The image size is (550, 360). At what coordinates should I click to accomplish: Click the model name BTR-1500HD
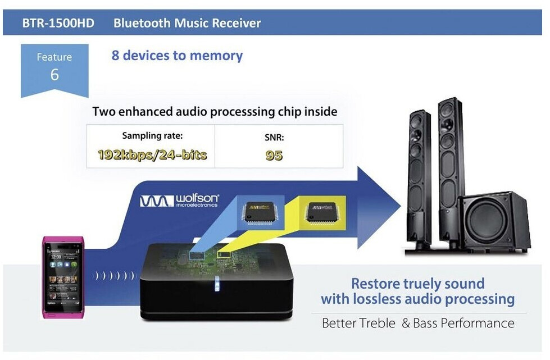coord(58,24)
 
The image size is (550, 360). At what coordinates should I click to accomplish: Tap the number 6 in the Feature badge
coord(54,75)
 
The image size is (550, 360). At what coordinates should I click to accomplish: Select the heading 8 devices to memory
coord(177,56)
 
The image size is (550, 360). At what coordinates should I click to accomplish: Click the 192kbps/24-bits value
coord(152,155)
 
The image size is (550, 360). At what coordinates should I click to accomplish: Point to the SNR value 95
coord(274,156)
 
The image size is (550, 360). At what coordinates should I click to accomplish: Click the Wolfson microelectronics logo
coord(179,200)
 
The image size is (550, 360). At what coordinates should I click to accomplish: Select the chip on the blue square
coord(260,212)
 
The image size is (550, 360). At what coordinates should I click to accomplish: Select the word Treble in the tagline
coord(378,323)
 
